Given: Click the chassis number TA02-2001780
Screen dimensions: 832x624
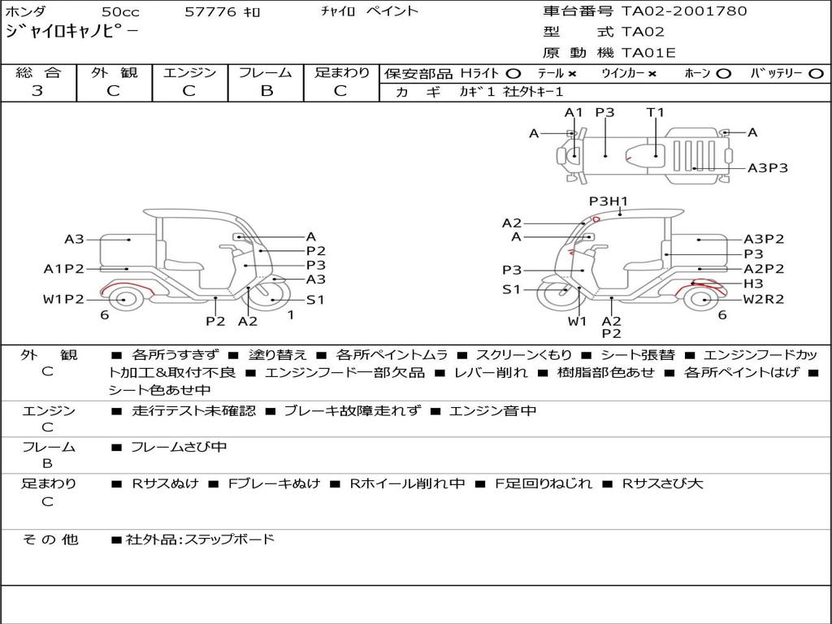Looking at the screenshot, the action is click(x=684, y=11).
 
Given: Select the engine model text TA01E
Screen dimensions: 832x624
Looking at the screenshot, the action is click(x=648, y=53).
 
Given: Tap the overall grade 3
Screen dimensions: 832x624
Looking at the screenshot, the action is click(x=37, y=91).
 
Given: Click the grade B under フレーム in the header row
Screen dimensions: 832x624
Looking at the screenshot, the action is click(x=266, y=91).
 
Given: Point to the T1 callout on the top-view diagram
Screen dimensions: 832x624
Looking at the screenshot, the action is click(x=656, y=112).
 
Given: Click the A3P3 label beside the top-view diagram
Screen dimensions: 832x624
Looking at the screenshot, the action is click(x=767, y=168).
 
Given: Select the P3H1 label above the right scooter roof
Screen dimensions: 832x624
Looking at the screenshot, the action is click(x=608, y=201).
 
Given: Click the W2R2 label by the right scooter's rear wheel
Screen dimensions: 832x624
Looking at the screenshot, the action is click(x=763, y=299).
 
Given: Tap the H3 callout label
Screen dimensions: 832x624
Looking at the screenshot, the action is click(x=753, y=284).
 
